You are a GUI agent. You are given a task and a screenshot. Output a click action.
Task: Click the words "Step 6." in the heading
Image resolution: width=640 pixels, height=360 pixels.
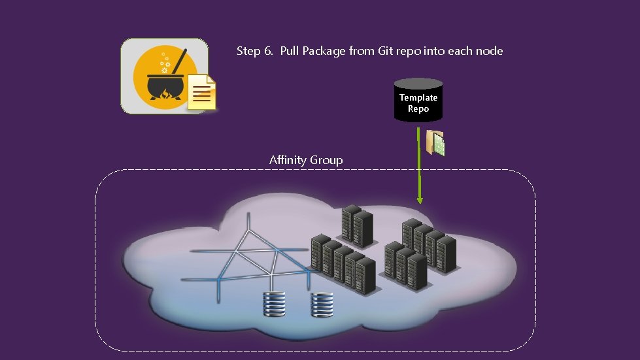(x=255, y=51)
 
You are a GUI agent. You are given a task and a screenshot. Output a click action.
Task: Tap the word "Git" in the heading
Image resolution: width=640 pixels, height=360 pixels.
(x=386, y=51)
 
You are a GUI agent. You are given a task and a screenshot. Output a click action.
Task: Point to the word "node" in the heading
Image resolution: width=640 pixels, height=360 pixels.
(x=489, y=51)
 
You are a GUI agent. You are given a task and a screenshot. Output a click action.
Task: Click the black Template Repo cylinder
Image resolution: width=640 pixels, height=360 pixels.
(x=418, y=100)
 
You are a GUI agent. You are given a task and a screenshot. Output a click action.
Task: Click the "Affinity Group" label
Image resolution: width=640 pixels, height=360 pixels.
(x=306, y=160)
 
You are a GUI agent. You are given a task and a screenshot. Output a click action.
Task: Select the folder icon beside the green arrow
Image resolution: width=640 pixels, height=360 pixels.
(x=435, y=143)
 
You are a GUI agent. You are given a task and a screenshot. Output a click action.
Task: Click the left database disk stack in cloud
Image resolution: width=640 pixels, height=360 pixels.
(x=274, y=304)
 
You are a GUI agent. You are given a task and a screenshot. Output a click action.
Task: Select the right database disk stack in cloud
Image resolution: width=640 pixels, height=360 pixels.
(x=322, y=304)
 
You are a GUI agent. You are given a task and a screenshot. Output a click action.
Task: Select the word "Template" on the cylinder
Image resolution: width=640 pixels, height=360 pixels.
(x=418, y=97)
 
